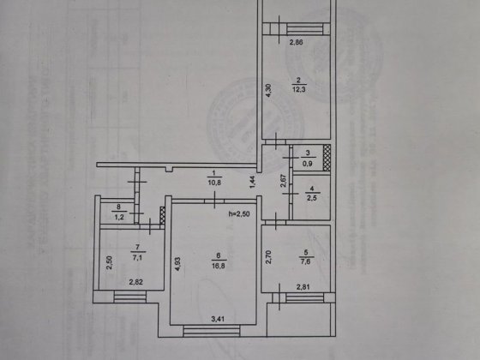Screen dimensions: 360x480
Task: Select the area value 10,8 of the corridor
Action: point(214,183)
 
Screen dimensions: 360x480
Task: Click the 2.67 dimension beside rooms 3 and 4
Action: point(283,182)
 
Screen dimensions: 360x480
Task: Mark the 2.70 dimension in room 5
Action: point(267,254)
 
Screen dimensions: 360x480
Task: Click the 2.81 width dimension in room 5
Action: point(303,287)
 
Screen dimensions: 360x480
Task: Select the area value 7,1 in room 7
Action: point(135,255)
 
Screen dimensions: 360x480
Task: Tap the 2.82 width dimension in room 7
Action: point(135,281)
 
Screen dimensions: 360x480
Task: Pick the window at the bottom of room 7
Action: point(132,297)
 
